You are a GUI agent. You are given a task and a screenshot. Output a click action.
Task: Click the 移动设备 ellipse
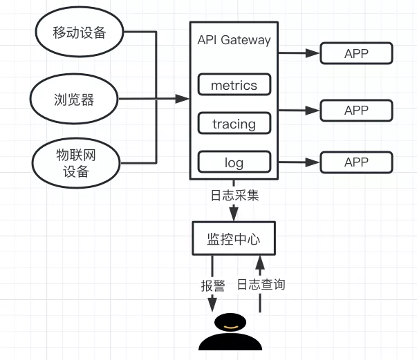point(78,32)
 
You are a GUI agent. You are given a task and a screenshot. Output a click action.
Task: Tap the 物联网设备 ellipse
point(75,163)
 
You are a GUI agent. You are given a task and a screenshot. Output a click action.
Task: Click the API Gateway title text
point(234,40)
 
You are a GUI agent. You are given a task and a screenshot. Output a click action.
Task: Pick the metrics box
point(234,85)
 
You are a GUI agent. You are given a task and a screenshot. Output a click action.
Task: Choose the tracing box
point(234,124)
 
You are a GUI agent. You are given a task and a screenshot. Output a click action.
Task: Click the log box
point(234,162)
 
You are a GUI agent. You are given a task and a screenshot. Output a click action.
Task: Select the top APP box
point(356,53)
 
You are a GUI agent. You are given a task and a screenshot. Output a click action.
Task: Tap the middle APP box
point(356,110)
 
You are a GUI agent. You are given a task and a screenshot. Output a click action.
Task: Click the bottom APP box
point(356,162)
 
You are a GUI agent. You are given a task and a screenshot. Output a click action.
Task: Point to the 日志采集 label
point(234,196)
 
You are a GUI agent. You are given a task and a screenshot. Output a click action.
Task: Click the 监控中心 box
point(234,239)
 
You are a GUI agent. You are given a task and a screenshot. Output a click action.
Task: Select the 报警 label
point(212,285)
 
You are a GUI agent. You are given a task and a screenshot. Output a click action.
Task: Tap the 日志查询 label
point(261,285)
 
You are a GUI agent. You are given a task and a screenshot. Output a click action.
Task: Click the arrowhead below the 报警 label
point(212,303)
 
